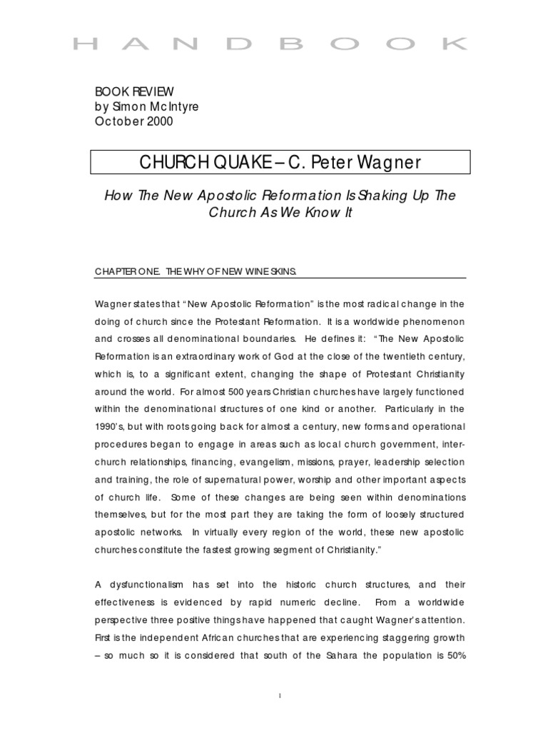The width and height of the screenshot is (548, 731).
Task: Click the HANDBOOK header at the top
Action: (270, 44)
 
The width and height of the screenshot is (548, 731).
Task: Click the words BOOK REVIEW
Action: (134, 91)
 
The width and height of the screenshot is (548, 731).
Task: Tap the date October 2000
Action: (134, 121)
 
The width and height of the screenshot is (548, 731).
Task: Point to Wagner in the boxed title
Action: (384, 162)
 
